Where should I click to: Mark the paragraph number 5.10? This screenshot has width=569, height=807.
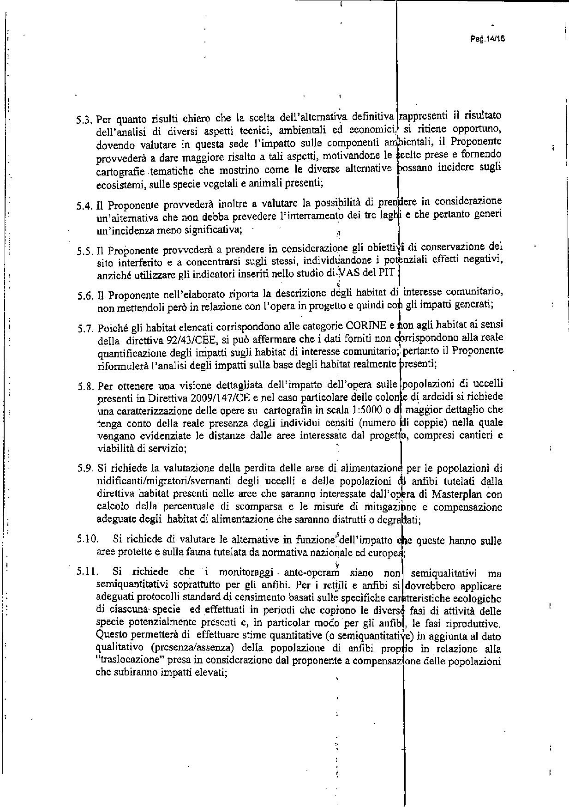point(88,539)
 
